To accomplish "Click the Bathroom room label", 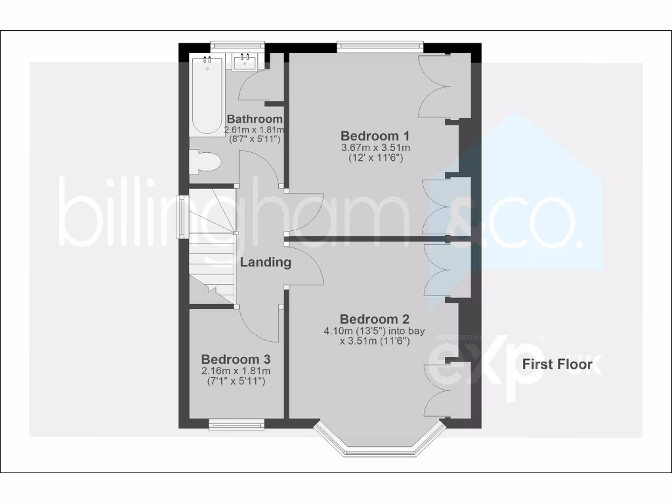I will click(x=255, y=119).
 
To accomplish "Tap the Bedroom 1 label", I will click(x=375, y=136).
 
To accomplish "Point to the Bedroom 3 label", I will click(x=236, y=360).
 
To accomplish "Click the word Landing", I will click(x=265, y=262).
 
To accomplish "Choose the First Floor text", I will click(x=556, y=364).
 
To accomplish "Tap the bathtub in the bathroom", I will click(x=207, y=96).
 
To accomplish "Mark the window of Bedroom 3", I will click(x=236, y=425).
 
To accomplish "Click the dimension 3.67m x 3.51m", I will click(x=375, y=148).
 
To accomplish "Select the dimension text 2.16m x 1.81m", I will click(x=236, y=371).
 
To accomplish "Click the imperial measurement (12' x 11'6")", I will click(x=375, y=158).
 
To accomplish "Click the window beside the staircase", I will click(x=184, y=215).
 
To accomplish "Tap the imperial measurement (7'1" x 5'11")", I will click(x=236, y=381).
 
